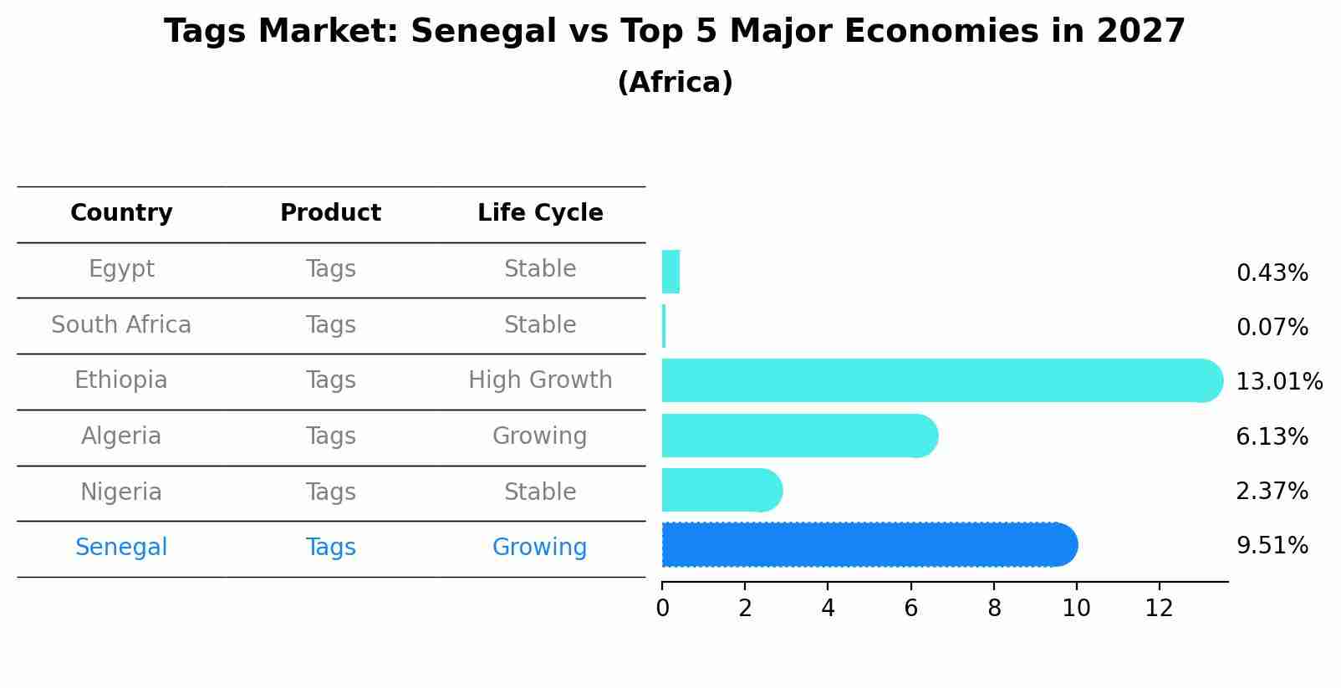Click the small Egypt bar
click(x=670, y=272)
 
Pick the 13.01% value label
click(x=1278, y=382)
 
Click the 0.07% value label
click(x=1272, y=328)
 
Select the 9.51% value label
click(x=1272, y=546)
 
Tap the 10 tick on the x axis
click(x=1076, y=609)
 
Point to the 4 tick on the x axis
click(x=828, y=609)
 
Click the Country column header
click(x=121, y=213)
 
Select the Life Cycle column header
click(x=540, y=213)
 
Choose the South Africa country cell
click(x=121, y=325)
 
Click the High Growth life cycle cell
click(x=540, y=380)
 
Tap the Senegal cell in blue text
click(x=121, y=548)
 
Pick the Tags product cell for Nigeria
click(x=330, y=492)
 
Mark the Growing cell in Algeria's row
click(x=539, y=436)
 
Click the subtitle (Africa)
click(x=675, y=83)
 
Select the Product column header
click(x=330, y=213)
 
